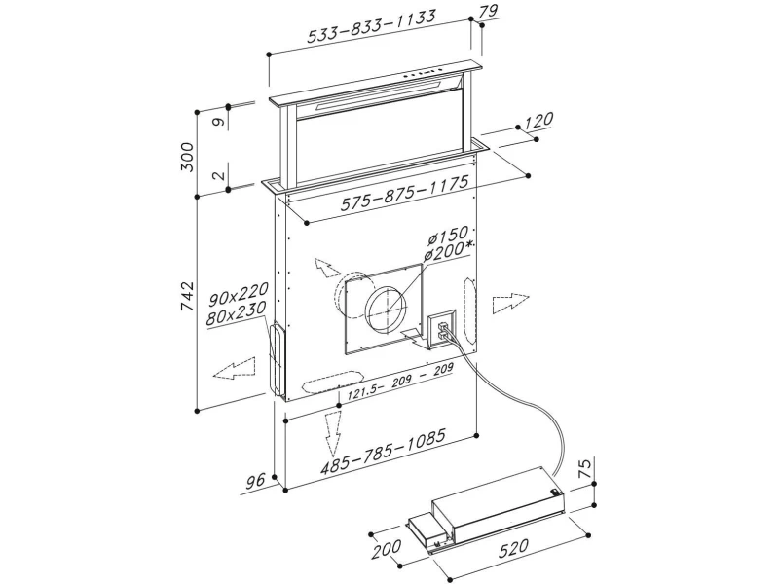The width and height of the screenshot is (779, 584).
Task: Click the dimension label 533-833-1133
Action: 370,29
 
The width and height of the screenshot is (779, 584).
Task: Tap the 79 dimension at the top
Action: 488,13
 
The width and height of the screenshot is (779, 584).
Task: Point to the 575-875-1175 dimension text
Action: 404,192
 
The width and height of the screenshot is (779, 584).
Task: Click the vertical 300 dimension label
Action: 189,157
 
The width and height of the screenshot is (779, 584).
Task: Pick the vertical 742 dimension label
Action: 189,300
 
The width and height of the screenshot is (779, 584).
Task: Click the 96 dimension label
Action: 255,481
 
